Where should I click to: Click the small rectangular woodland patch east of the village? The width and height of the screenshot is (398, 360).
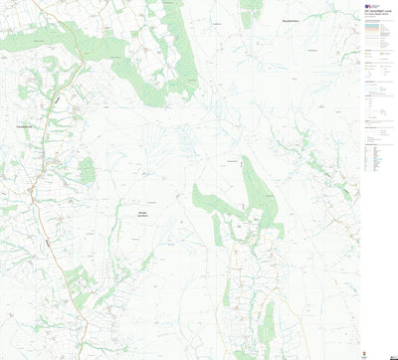click(x=88, y=171)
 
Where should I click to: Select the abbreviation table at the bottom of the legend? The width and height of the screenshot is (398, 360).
click(x=379, y=160)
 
